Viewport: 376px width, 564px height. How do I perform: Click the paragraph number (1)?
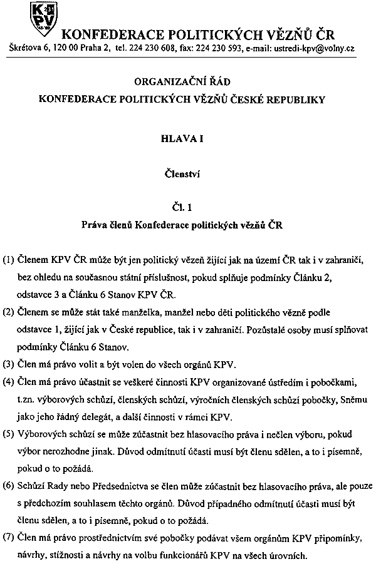(11, 260)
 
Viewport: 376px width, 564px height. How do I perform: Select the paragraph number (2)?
(11, 312)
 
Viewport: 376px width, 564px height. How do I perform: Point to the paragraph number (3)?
(11, 363)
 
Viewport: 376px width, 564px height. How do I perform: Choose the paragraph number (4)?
(11, 380)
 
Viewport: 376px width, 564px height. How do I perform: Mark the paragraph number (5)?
(11, 432)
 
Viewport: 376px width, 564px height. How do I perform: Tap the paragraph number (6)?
(11, 485)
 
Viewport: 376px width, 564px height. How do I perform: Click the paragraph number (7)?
(11, 538)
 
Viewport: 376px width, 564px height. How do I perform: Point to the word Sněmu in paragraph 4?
(344, 398)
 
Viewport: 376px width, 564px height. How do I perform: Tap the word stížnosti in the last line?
(71, 555)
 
